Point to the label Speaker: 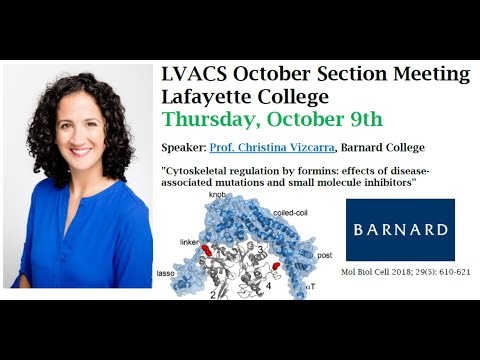point(184,147)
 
